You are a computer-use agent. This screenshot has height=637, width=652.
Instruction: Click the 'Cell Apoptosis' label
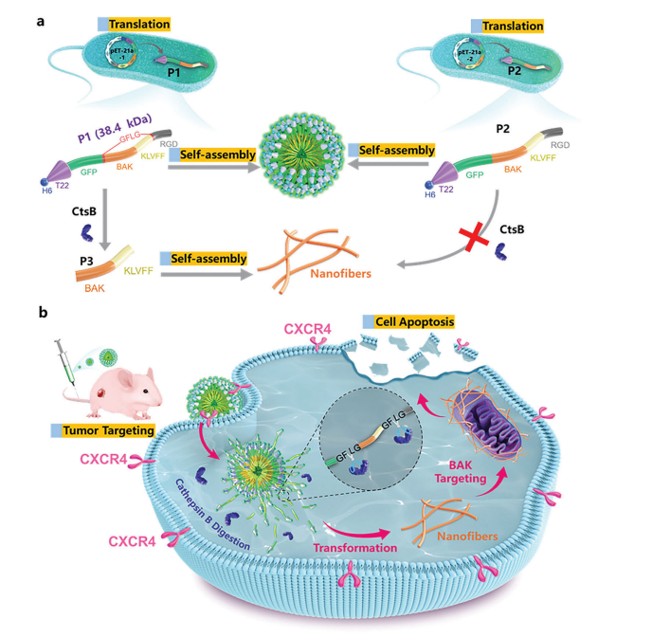tap(415, 321)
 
